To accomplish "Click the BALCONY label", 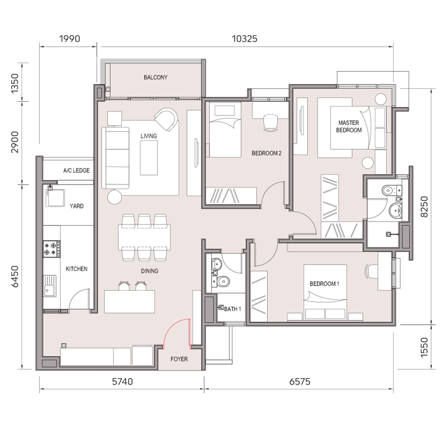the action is click(x=155, y=77).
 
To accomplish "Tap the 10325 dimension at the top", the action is click(x=244, y=39).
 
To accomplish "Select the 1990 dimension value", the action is click(x=69, y=39).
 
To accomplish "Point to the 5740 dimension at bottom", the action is click(x=122, y=381).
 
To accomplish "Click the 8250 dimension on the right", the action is click(x=424, y=206).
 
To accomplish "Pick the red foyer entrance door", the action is click(x=177, y=334).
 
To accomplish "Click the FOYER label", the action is click(x=179, y=359).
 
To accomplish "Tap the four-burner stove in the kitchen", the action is click(x=51, y=248).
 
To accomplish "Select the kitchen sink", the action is click(x=50, y=286).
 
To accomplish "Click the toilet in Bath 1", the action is click(x=223, y=281).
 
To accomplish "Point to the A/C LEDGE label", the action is click(x=76, y=170).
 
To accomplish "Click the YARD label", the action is click(x=77, y=206).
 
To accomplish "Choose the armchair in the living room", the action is click(x=166, y=119).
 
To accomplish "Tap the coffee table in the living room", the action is click(x=149, y=157).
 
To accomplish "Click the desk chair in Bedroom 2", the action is click(x=271, y=123).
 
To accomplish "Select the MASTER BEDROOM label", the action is click(x=349, y=126).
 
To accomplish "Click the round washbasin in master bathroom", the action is click(x=396, y=210).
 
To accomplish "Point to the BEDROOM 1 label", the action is click(x=325, y=284).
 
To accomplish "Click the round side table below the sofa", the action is click(x=114, y=197).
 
